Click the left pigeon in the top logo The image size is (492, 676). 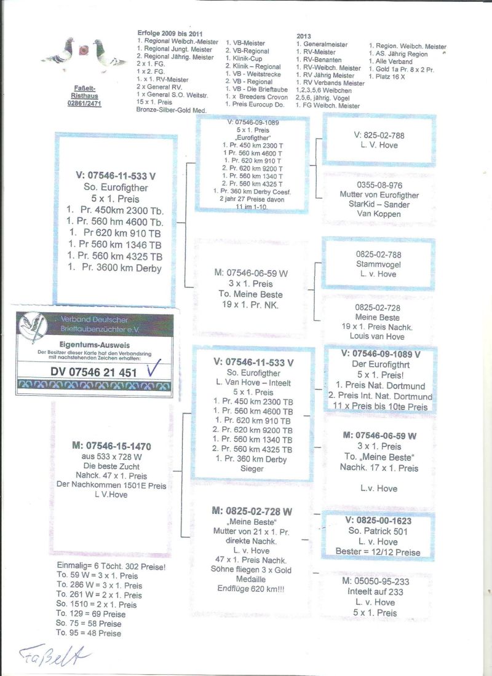60,53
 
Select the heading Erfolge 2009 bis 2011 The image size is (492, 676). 170,33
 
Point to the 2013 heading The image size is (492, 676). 304,36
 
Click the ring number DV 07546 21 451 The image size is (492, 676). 94,372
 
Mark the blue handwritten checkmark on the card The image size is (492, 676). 154,371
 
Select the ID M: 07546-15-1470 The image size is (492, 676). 111,446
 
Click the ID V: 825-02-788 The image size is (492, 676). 379,135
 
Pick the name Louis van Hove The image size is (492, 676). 379,336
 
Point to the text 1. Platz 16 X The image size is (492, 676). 392,77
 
